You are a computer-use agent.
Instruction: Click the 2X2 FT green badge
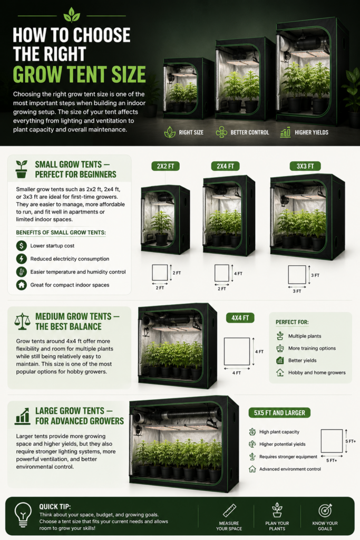point(166,166)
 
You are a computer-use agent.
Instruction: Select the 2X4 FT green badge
point(226,166)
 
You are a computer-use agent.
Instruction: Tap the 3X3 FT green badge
point(305,166)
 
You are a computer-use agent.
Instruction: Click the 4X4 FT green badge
point(240,318)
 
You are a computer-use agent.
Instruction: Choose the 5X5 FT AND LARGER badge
point(279,412)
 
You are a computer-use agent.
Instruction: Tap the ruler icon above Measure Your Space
point(229,510)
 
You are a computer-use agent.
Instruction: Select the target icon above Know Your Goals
point(325,510)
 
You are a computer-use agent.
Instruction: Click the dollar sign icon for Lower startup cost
point(21,246)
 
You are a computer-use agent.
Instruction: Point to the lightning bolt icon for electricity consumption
point(21,258)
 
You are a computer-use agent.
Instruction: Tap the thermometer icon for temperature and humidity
point(21,272)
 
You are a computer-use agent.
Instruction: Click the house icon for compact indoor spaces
point(21,285)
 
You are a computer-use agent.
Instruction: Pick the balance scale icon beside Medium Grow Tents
point(22,321)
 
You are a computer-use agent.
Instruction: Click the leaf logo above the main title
point(72,15)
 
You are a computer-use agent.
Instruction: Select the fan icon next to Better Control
point(221,132)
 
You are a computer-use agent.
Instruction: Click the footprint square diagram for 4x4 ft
point(237,351)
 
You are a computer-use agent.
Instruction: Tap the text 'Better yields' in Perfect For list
point(302,361)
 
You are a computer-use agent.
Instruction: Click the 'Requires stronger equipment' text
point(288,457)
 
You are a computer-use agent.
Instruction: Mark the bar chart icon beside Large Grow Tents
point(23,416)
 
